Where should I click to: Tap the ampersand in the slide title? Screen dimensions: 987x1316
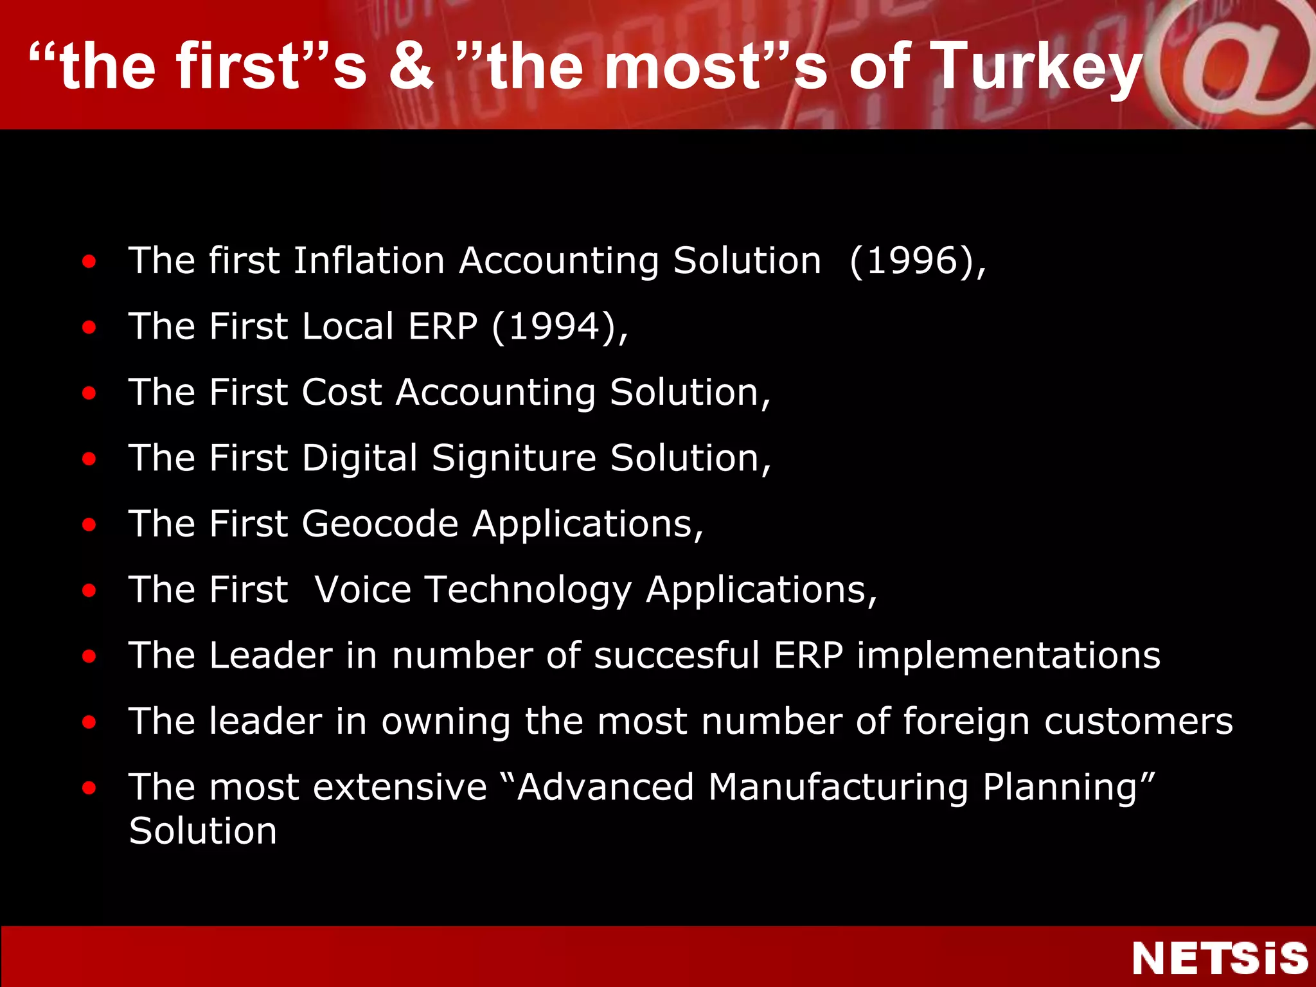pyautogui.click(x=411, y=66)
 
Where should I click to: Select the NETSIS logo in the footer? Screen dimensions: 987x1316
pyautogui.click(x=1219, y=959)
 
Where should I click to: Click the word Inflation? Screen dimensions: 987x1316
pyautogui.click(x=369, y=261)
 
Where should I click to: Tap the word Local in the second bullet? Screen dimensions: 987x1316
pyautogui.click(x=347, y=326)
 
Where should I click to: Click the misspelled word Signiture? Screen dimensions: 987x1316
pyautogui.click(x=514, y=458)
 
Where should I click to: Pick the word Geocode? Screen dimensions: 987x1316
pyautogui.click(x=380, y=524)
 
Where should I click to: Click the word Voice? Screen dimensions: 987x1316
pyautogui.click(x=363, y=589)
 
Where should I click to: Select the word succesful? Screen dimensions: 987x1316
pyautogui.click(x=677, y=655)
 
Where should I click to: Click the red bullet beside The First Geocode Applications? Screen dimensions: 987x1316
pyautogui.click(x=89, y=524)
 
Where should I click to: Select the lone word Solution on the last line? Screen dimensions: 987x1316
pyautogui.click(x=202, y=831)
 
